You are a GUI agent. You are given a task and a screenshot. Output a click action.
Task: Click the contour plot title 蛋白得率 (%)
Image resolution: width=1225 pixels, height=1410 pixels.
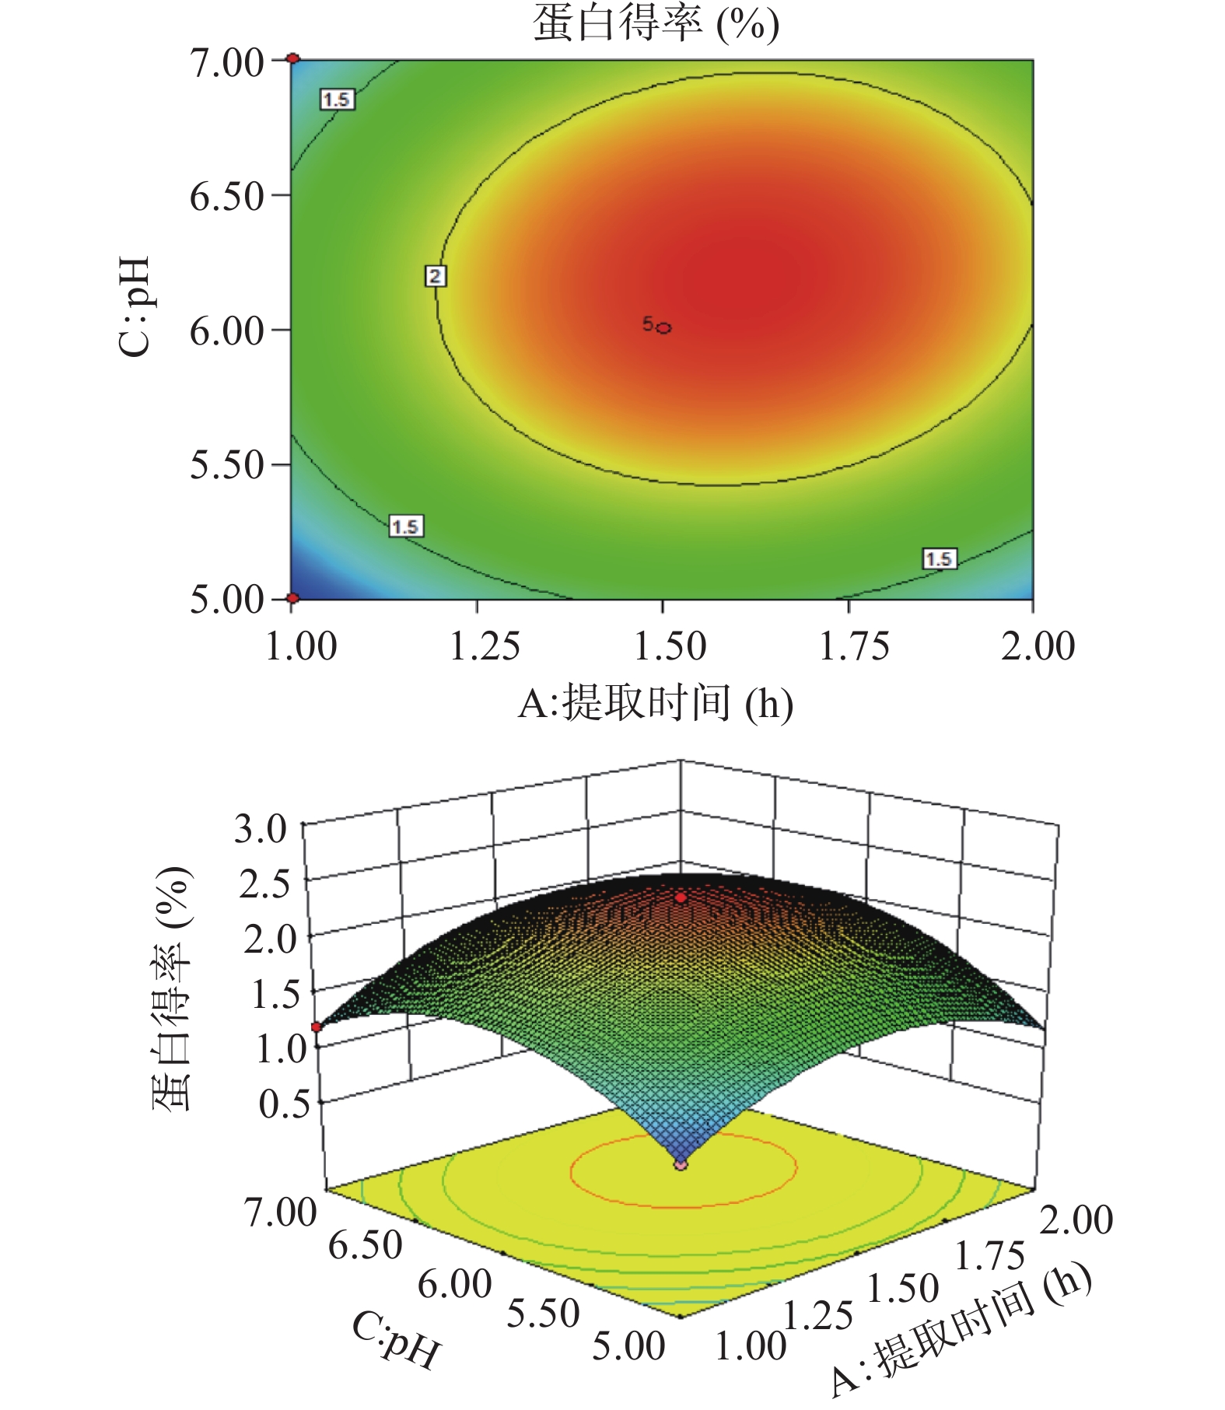click(655, 23)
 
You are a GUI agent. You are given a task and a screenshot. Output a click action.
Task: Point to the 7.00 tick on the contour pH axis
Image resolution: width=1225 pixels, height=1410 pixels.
click(227, 62)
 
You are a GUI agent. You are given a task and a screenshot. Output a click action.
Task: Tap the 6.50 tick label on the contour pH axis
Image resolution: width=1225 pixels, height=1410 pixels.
click(227, 197)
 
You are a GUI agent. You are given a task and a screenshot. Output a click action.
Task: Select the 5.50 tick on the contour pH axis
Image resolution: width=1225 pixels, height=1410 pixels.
click(227, 465)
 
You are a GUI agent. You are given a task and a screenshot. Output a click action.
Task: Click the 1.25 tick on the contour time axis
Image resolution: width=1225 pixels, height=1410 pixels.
click(485, 646)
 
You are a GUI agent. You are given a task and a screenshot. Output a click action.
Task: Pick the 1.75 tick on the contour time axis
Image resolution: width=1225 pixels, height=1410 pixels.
click(854, 646)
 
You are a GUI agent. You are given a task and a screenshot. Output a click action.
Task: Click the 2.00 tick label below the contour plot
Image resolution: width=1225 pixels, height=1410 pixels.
click(1037, 646)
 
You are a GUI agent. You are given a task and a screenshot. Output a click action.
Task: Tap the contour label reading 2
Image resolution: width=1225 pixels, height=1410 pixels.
click(435, 276)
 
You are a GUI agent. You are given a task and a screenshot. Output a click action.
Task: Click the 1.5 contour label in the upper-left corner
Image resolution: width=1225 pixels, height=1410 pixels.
click(337, 100)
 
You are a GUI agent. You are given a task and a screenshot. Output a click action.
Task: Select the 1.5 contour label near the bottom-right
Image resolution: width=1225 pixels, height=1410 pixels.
click(939, 559)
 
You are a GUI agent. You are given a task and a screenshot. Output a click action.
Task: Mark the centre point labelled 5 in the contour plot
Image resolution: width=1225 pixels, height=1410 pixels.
click(663, 328)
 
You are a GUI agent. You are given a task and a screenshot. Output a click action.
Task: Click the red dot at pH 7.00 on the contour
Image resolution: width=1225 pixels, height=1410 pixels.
click(292, 58)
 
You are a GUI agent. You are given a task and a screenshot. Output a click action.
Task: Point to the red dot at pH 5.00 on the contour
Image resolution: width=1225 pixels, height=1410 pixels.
click(292, 598)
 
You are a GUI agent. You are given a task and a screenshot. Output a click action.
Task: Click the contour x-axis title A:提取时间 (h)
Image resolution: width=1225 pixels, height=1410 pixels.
click(655, 705)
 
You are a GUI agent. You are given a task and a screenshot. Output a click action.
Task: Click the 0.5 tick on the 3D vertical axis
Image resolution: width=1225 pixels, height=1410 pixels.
click(284, 1104)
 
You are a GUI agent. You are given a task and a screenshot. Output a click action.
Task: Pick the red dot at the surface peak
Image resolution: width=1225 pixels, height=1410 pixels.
click(681, 897)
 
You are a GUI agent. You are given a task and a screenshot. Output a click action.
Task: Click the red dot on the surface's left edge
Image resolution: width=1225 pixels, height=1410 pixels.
click(317, 1027)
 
